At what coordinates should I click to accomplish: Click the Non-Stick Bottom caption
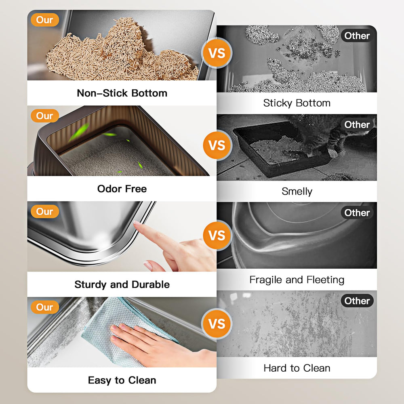pyautogui.click(x=122, y=93)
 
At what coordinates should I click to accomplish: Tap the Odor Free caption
pyautogui.click(x=122, y=189)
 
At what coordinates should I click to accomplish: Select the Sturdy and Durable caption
pyautogui.click(x=122, y=284)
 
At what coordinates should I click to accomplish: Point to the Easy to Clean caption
pyautogui.click(x=122, y=380)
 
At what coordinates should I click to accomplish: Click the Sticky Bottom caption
pyautogui.click(x=297, y=103)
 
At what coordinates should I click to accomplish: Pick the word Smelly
pyautogui.click(x=297, y=191)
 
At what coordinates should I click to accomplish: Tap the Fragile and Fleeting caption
pyautogui.click(x=297, y=280)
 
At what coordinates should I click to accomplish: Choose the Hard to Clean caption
pyautogui.click(x=297, y=368)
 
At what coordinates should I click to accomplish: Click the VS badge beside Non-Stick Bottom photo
pyautogui.click(x=217, y=53)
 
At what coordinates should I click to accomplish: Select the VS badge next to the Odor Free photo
pyautogui.click(x=217, y=145)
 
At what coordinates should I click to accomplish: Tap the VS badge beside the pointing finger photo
pyautogui.click(x=217, y=236)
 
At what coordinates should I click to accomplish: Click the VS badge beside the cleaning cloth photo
pyautogui.click(x=217, y=324)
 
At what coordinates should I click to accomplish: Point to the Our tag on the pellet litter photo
pyautogui.click(x=44, y=20)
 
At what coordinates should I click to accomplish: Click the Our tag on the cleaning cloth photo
pyautogui.click(x=44, y=307)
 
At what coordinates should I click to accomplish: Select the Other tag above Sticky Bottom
pyautogui.click(x=357, y=36)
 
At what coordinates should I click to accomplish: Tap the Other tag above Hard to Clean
pyautogui.click(x=357, y=301)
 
